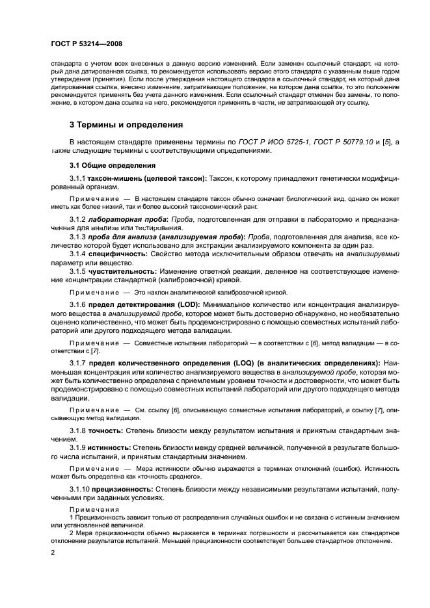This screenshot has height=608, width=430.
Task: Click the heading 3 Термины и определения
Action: (126, 124)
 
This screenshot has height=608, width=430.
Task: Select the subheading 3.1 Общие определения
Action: (107, 165)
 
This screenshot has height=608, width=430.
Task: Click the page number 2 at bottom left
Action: (52, 553)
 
